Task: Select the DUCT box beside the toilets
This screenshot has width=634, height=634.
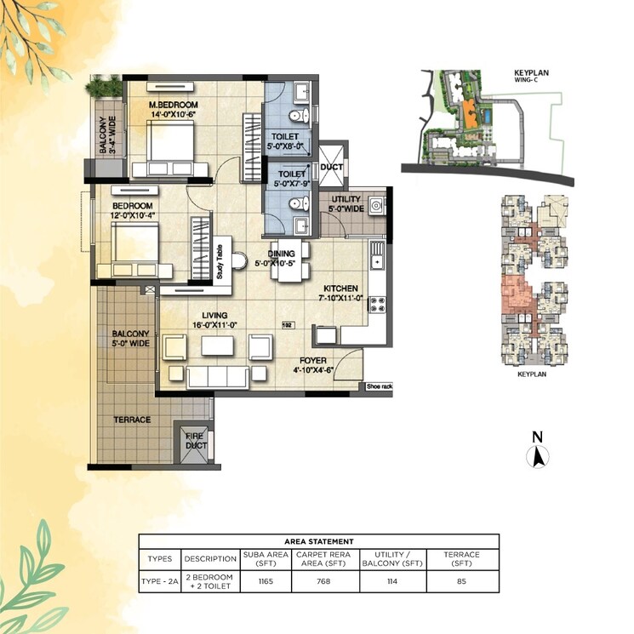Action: [332, 167]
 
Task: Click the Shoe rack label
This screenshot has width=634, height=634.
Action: [379, 386]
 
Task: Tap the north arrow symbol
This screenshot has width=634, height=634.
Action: [537, 456]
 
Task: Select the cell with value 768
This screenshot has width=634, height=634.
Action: [324, 581]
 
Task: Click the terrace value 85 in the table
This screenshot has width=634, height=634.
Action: [461, 581]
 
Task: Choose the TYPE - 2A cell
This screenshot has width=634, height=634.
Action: [160, 581]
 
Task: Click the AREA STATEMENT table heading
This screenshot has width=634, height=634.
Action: [319, 541]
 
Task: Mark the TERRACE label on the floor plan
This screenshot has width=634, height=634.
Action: [132, 420]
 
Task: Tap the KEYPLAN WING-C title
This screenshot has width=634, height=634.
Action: [531, 77]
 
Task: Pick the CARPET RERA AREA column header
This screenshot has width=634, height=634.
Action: [324, 559]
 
